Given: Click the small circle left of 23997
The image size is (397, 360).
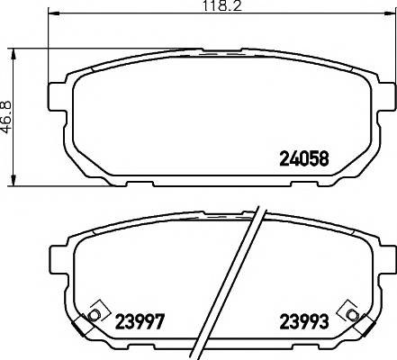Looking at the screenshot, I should pyautogui.click(x=94, y=315).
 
